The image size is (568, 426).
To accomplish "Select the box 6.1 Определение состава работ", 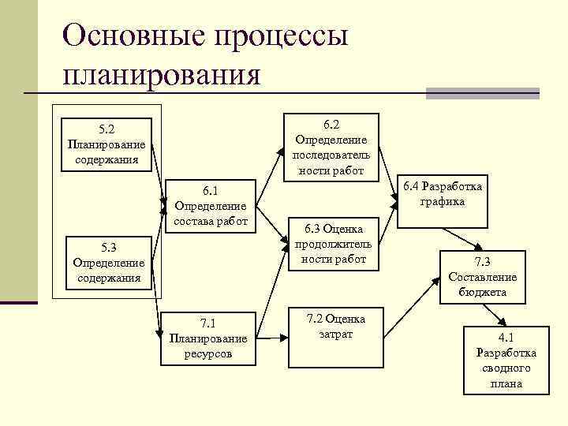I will tap(210, 205).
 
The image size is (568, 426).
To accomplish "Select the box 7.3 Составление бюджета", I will tap(482, 276).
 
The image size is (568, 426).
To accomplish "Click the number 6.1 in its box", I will tap(210, 190).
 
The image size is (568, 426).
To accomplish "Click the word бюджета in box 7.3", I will tap(483, 292).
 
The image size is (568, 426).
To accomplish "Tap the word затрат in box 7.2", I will tap(336, 334).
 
